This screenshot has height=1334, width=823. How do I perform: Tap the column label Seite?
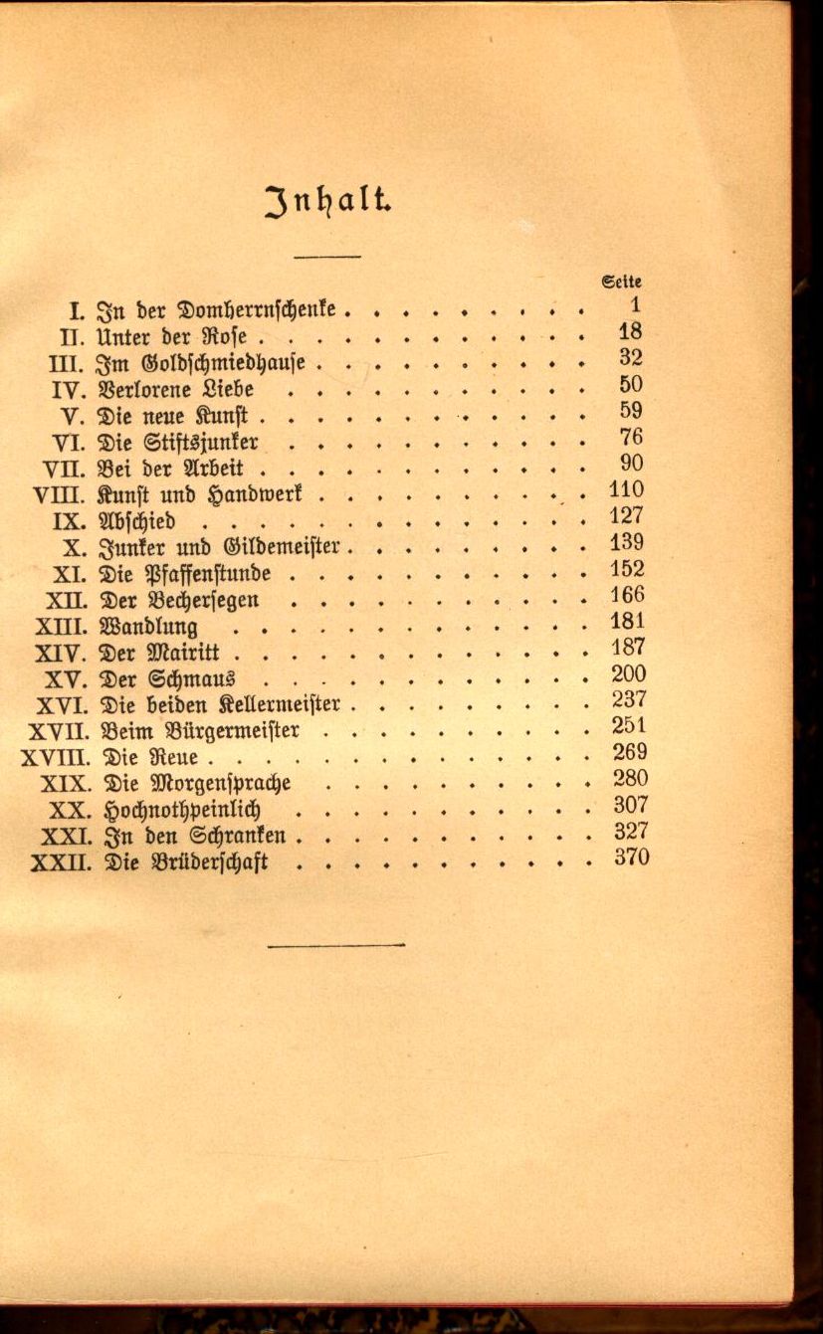point(622,281)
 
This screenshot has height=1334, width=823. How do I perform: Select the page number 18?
point(630,332)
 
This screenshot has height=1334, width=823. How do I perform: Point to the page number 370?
point(630,857)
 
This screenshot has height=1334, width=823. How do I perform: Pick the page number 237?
point(629,699)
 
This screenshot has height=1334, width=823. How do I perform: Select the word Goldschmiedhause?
point(237,361)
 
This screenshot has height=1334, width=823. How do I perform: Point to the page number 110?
point(627,489)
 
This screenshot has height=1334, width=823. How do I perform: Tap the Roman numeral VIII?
point(59,493)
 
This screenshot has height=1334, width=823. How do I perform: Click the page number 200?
point(629,673)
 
